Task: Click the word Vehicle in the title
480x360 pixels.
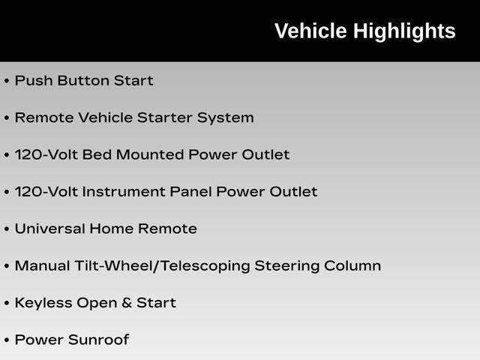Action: tap(310, 31)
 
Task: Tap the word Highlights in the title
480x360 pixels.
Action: tap(405, 31)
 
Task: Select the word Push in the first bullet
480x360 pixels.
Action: tap(34, 80)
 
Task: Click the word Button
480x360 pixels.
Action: tap(83, 80)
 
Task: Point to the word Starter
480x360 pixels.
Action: tap(164, 118)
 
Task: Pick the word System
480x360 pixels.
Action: tap(225, 118)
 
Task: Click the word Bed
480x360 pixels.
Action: tap(97, 154)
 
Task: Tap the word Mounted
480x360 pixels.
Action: tap(150, 154)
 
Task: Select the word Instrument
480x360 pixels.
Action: tap(124, 192)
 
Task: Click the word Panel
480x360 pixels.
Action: tap(190, 192)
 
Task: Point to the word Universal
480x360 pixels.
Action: tap(50, 229)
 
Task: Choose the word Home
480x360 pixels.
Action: tap(112, 229)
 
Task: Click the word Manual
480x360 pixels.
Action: tap(42, 265)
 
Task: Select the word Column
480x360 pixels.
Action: tap(352, 265)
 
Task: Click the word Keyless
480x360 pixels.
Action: tap(43, 304)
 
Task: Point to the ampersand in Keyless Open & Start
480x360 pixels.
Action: tap(127, 303)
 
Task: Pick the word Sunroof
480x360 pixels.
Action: tap(98, 340)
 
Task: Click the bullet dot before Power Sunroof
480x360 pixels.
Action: tap(7, 340)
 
